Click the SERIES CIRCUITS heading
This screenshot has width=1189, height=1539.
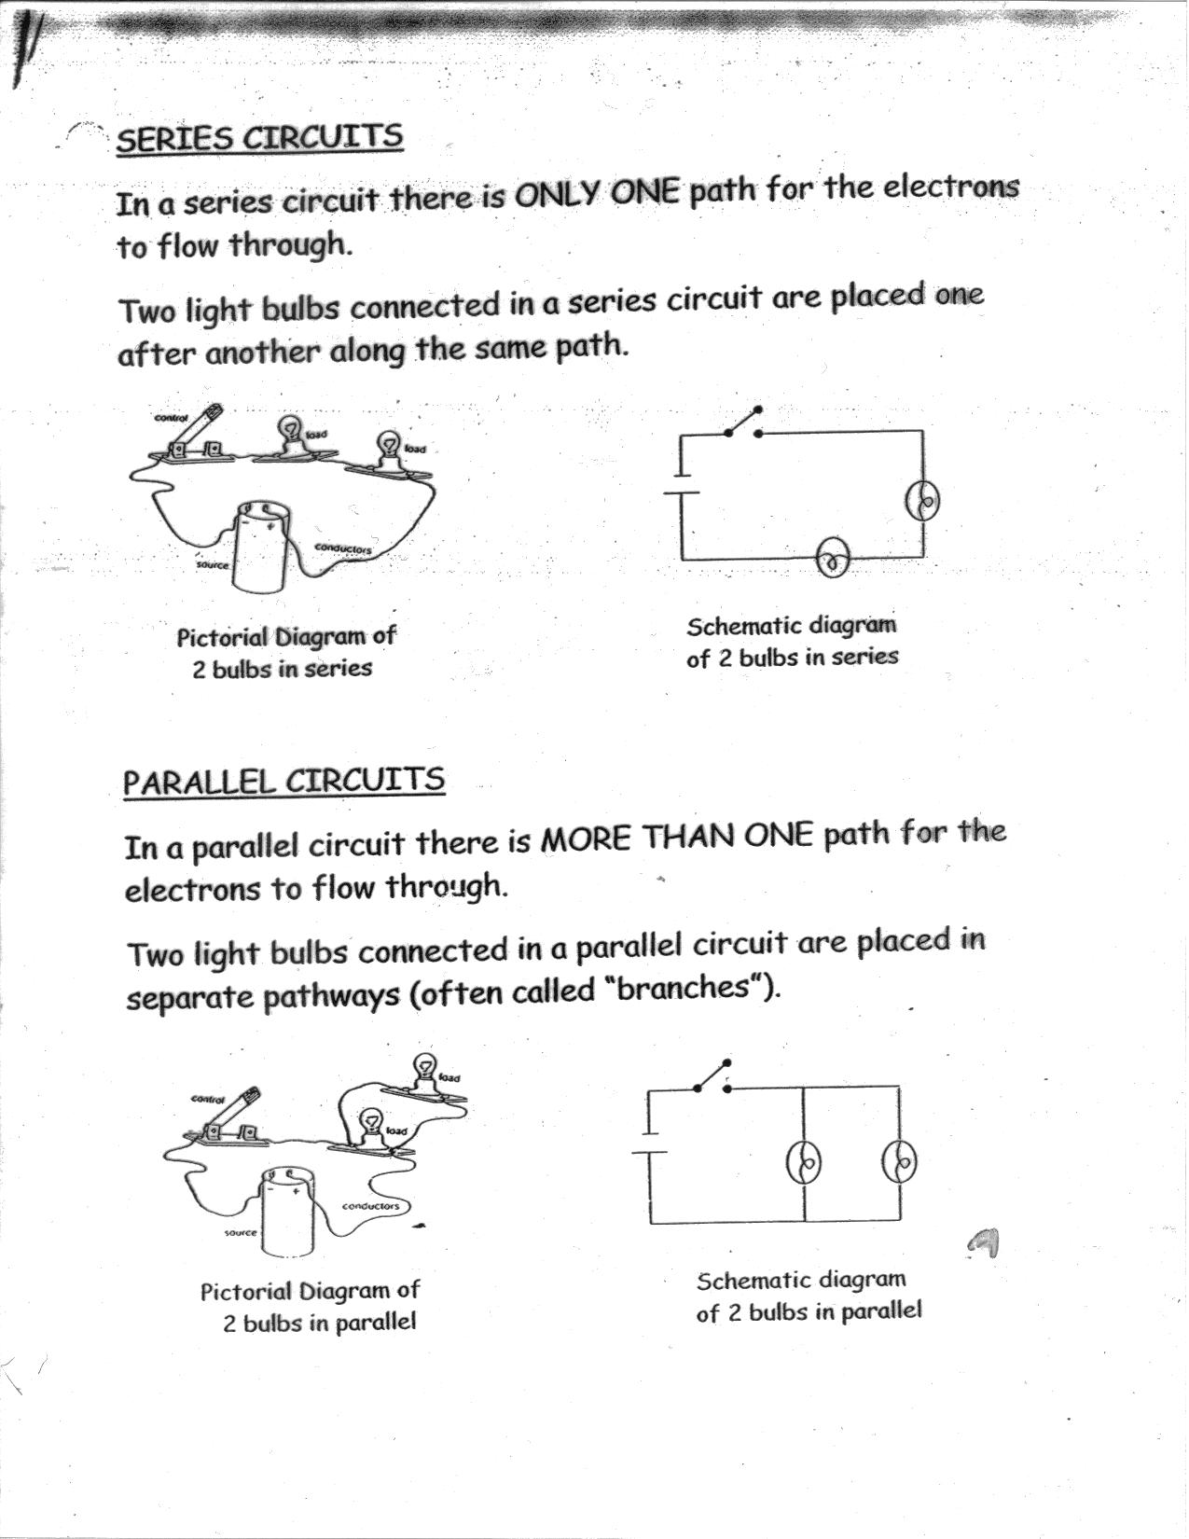point(259,138)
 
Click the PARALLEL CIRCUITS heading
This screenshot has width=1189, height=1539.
point(283,781)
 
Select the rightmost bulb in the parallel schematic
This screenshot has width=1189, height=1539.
point(900,1161)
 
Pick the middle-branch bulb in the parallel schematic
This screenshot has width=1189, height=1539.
point(804,1162)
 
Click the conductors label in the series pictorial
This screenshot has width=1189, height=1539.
point(343,548)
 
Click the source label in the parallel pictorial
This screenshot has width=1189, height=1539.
point(240,1233)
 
